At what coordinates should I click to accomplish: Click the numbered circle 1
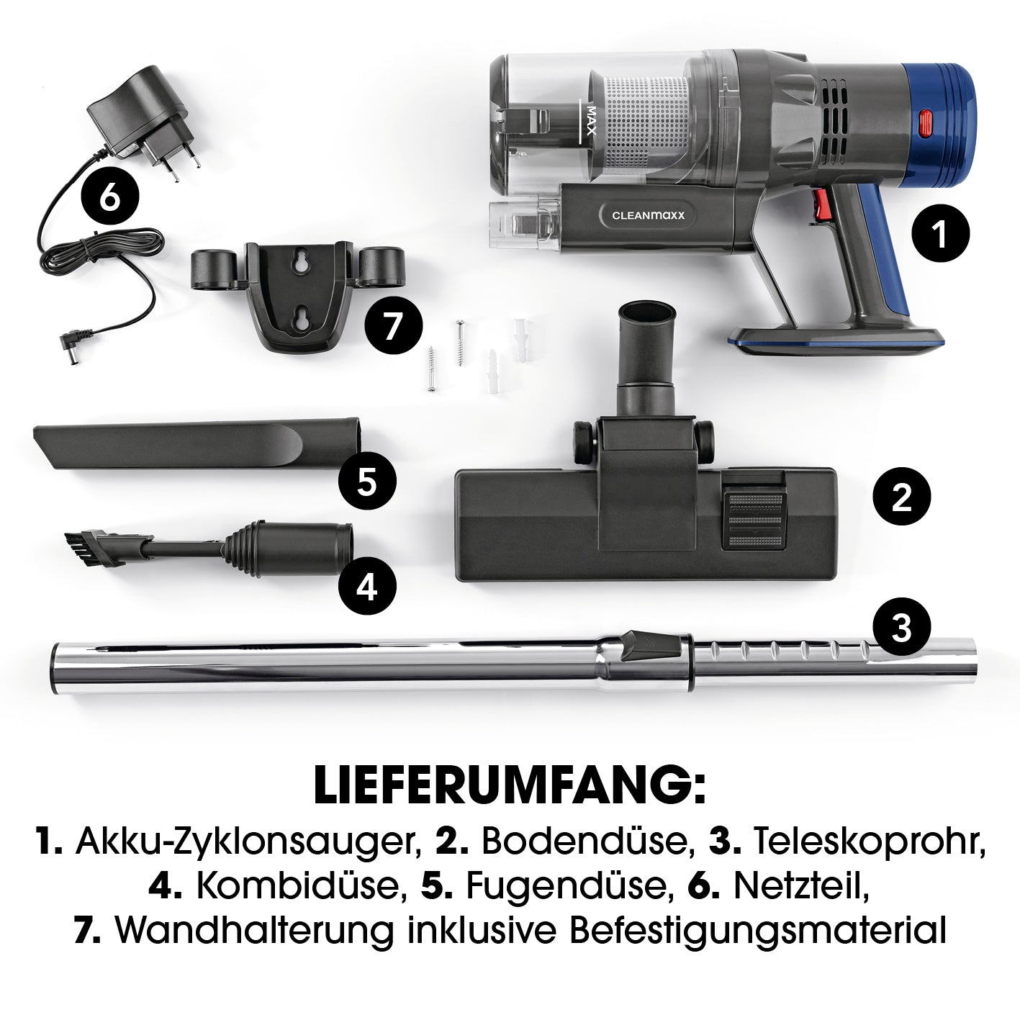point(941,233)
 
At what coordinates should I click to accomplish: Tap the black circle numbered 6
point(109,199)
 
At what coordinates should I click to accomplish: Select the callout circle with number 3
point(901,627)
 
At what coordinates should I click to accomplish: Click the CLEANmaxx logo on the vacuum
point(648,215)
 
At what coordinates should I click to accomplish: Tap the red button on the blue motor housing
point(925,124)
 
